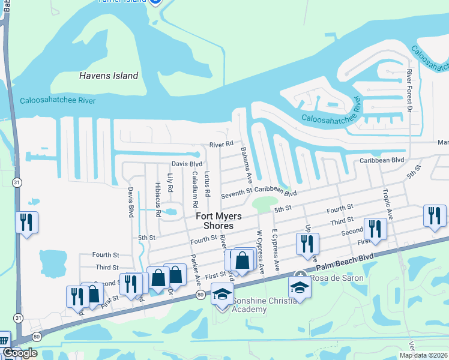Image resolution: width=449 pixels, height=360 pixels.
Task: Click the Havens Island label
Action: pyautogui.click(x=109, y=76)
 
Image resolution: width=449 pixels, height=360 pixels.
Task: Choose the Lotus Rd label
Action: pyautogui.click(x=207, y=184)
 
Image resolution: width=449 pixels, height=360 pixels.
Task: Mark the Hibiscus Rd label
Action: pyautogui.click(x=158, y=199)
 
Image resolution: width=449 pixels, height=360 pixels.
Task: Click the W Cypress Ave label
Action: pyautogui.click(x=260, y=251)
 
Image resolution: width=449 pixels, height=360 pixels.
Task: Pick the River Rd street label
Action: pyautogui.click(x=220, y=145)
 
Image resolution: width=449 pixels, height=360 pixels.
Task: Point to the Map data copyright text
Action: pyautogui.click(x=423, y=355)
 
